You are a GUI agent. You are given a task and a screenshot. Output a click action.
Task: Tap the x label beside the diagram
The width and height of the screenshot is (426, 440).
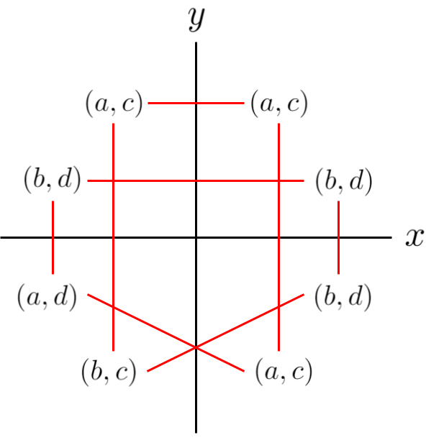413,237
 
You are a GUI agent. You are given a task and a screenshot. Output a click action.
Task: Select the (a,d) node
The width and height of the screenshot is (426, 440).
47,297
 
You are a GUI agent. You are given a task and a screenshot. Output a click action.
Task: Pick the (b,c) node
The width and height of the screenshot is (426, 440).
109,372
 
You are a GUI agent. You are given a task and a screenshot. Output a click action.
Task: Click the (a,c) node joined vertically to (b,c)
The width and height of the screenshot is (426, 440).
114,104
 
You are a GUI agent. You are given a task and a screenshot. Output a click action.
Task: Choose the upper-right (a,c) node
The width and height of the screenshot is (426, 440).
279,104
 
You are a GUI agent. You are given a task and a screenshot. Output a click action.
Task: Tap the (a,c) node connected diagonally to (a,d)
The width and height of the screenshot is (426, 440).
284,372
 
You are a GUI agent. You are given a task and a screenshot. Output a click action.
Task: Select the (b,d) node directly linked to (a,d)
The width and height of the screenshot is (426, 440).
53,180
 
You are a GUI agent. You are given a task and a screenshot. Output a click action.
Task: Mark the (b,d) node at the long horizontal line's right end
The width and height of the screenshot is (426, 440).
344,181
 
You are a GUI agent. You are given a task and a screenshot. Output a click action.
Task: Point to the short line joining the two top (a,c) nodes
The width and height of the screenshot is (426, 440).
196,104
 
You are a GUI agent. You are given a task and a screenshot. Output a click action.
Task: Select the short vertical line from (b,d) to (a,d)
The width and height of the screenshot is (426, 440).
53,237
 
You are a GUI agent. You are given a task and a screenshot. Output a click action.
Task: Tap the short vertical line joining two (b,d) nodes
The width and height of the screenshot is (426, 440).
338,237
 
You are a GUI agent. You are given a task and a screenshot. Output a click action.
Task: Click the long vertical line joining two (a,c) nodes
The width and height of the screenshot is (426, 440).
278,237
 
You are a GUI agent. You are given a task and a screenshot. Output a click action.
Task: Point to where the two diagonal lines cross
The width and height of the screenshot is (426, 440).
196,348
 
